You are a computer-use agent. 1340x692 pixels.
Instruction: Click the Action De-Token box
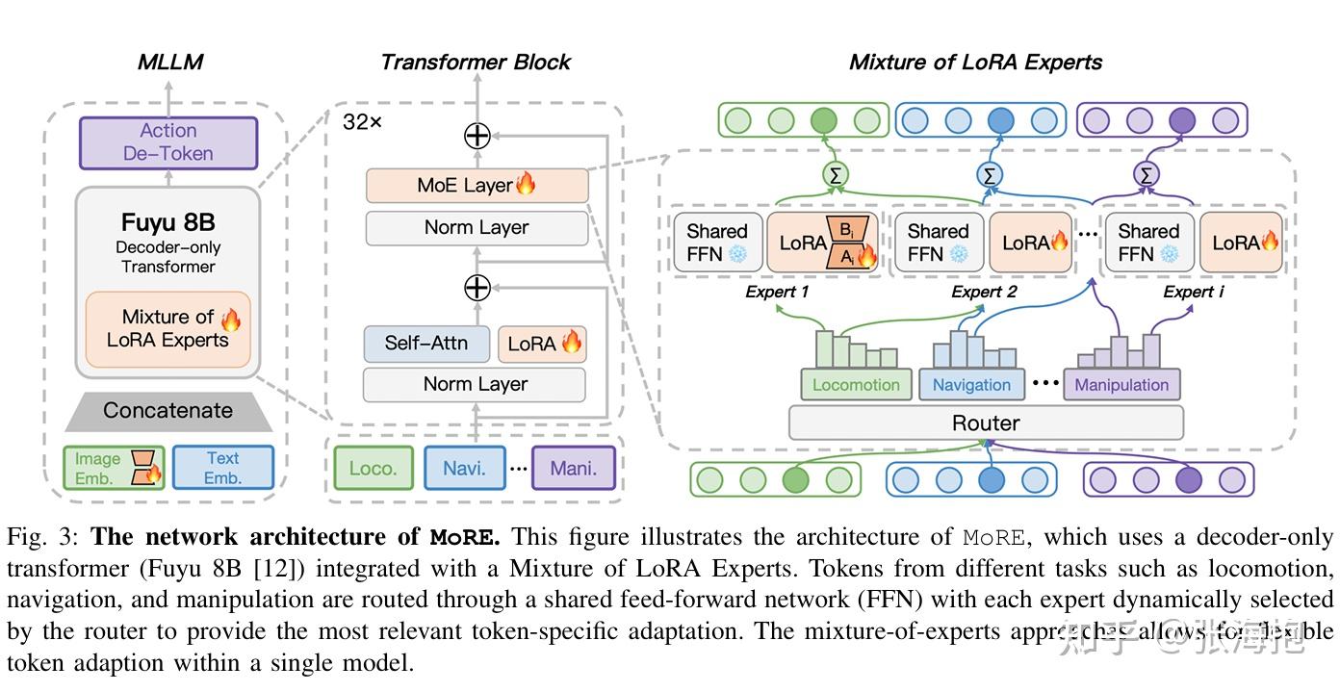167,142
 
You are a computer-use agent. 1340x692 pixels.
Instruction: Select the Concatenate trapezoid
167,411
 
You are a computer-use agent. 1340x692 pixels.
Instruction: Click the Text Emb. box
222,469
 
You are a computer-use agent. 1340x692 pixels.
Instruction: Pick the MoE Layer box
477,185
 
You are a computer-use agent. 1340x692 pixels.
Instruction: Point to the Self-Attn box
425,344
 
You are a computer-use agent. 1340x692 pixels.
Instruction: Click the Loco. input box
373,469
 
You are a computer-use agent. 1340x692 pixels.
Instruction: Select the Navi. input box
464,469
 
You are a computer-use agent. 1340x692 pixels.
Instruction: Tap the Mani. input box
573,469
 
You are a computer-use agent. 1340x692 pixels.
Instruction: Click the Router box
986,423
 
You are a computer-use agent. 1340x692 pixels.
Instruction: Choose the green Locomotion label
856,385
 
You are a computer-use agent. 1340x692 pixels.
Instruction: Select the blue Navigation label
971,385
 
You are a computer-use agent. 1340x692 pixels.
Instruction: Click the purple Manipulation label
1121,385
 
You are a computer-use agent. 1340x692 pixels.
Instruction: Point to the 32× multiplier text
362,122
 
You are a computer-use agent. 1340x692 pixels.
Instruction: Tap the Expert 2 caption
984,292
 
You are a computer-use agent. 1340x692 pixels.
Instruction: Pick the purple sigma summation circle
1146,175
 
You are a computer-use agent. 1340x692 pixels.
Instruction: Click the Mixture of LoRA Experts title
975,63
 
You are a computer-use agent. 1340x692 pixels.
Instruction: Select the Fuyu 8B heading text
167,222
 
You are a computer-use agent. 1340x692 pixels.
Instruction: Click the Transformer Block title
476,63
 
